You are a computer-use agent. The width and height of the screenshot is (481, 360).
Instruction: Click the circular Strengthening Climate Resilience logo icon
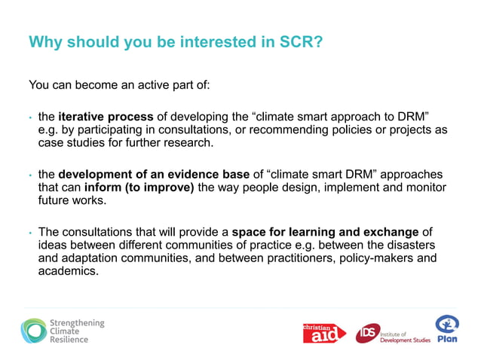coord(32,331)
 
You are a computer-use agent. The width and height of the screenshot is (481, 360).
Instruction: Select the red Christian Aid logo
coord(323,332)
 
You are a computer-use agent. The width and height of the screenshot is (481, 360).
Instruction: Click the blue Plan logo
coord(447,328)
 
